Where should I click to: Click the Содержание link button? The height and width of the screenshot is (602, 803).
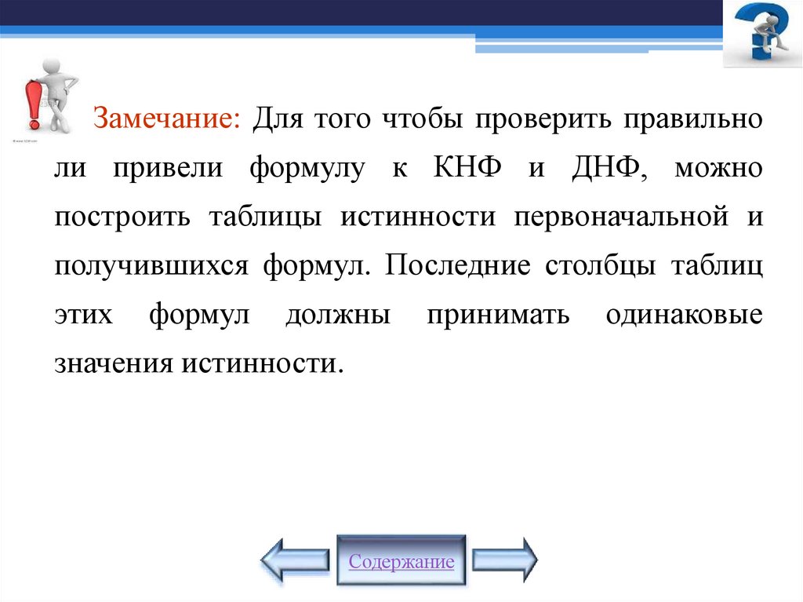(x=401, y=562)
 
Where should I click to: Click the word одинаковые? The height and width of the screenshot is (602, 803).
(x=684, y=315)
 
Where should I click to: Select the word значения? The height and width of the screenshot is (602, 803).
(x=114, y=363)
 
